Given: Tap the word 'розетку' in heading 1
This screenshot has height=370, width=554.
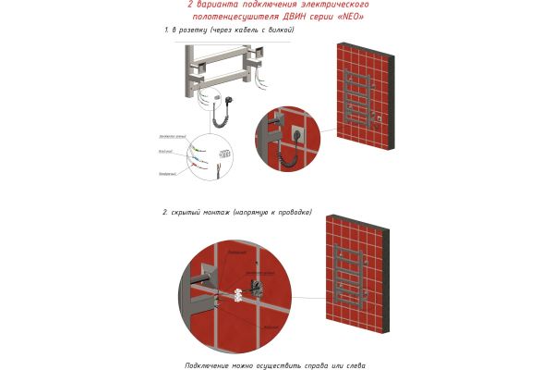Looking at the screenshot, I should (x=191, y=31).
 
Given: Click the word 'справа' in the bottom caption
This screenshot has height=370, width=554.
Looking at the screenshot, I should (x=324, y=364).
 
